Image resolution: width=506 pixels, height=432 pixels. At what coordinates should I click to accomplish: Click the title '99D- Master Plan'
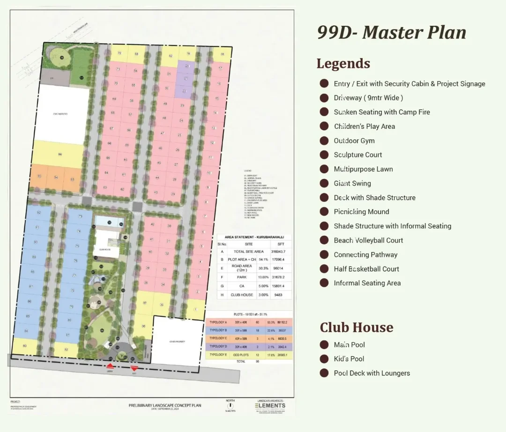(392, 32)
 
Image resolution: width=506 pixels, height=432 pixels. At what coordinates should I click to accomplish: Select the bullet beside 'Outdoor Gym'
(324, 141)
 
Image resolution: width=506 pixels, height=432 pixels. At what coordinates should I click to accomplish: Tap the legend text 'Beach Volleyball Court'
(368, 240)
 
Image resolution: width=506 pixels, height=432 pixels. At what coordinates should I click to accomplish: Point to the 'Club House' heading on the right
(356, 327)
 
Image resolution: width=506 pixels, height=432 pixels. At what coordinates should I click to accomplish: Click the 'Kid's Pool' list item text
(349, 359)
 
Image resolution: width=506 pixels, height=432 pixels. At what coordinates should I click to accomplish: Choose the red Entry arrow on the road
(110, 366)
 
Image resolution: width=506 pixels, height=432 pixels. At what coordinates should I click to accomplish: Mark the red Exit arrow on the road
(135, 366)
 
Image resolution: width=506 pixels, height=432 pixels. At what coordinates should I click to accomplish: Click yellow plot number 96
(60, 154)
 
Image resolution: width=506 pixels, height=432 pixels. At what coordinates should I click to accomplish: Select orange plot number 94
(56, 178)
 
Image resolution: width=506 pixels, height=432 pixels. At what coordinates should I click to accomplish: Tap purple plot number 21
(186, 78)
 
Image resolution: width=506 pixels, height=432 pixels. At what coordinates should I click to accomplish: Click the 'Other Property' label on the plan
(178, 342)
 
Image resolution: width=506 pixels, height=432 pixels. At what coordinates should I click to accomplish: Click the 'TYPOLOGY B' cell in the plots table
(218, 330)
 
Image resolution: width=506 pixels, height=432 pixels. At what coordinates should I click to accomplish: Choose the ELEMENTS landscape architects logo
(270, 405)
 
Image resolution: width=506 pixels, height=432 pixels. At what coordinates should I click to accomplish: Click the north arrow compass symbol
(231, 406)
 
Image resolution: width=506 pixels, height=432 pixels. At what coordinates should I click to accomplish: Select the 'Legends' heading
(343, 63)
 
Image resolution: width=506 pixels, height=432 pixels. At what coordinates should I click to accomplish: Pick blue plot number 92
(38, 212)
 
